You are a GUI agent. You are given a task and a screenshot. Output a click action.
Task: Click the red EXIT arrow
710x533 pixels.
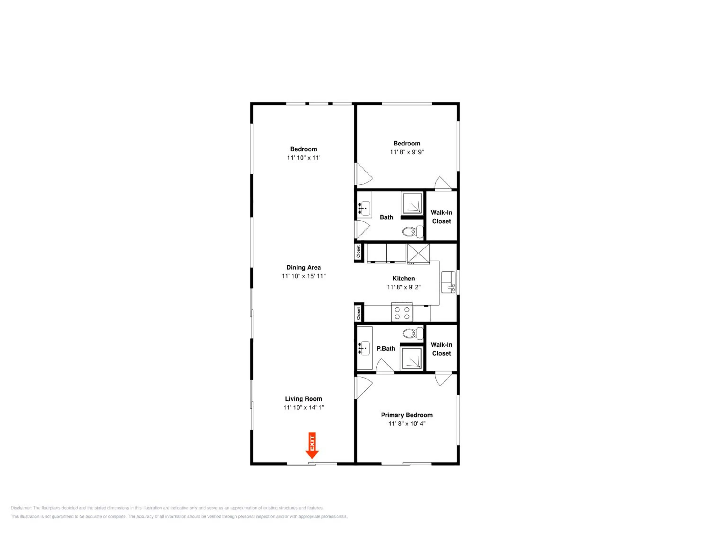(x=312, y=446)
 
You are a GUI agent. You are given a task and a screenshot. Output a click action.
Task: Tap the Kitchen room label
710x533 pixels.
(x=404, y=279)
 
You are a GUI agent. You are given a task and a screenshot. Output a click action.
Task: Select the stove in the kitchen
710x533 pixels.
(x=402, y=312)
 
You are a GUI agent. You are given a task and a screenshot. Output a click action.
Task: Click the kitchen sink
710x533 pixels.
(x=448, y=282)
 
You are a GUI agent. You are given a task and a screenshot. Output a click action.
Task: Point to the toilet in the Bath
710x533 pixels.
(x=413, y=231)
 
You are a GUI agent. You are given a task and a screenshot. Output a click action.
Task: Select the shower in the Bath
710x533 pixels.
(x=412, y=203)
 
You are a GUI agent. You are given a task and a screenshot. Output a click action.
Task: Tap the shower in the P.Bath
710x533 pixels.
(x=412, y=359)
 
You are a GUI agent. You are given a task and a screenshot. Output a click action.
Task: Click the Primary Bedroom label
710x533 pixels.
(x=407, y=415)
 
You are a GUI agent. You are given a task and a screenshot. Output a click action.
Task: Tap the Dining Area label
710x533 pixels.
(x=303, y=267)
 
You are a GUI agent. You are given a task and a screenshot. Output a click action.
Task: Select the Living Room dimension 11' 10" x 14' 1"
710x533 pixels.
(x=303, y=407)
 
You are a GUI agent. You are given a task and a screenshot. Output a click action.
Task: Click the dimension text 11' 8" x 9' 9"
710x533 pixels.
(x=407, y=152)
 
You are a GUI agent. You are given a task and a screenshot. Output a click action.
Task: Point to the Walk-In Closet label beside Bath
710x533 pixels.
(x=441, y=217)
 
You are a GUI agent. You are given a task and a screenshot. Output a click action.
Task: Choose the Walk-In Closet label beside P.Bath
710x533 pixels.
(x=441, y=349)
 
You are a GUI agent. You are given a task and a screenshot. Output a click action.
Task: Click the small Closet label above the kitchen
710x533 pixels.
(x=359, y=252)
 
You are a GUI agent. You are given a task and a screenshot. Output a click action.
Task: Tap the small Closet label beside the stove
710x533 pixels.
(x=359, y=314)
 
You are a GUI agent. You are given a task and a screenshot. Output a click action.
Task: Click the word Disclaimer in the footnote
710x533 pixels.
(x=21, y=508)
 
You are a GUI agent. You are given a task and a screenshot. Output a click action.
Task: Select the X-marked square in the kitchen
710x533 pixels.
(x=418, y=254)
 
